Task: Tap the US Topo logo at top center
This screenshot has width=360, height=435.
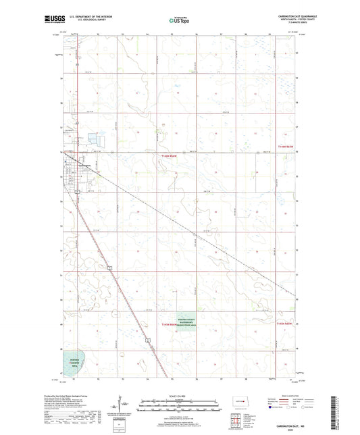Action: (179, 21)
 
